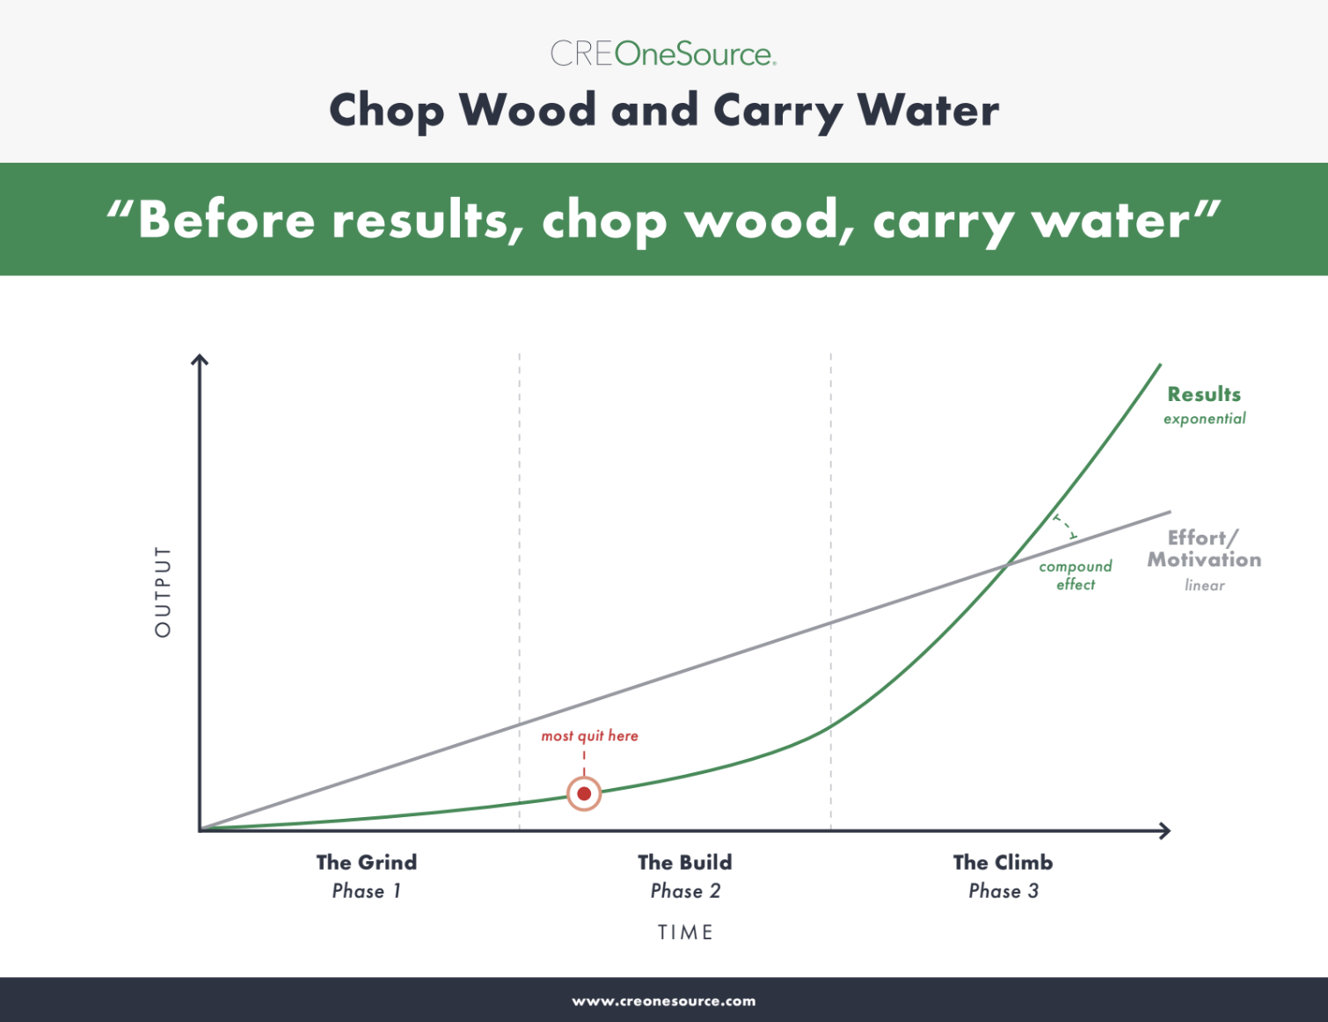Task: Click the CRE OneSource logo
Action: (x=663, y=54)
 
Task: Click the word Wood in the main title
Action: (x=528, y=110)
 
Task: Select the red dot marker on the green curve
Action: (x=584, y=793)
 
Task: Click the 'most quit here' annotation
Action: (x=590, y=735)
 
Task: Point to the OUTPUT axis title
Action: (x=163, y=591)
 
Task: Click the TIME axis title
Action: (x=685, y=932)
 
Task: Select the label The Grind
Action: (x=367, y=862)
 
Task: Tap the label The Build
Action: (x=685, y=862)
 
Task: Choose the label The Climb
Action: (x=1003, y=862)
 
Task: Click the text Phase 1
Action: (x=367, y=891)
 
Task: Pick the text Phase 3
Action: (x=1003, y=891)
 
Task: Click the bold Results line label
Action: (x=1204, y=394)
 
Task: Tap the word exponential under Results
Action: (x=1204, y=419)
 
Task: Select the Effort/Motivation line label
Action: (x=1204, y=549)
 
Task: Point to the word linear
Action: (x=1205, y=585)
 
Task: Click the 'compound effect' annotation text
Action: (x=1076, y=575)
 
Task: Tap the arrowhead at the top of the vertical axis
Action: (x=200, y=359)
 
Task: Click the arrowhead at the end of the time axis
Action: (x=1164, y=831)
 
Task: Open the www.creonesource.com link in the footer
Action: (x=664, y=1001)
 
